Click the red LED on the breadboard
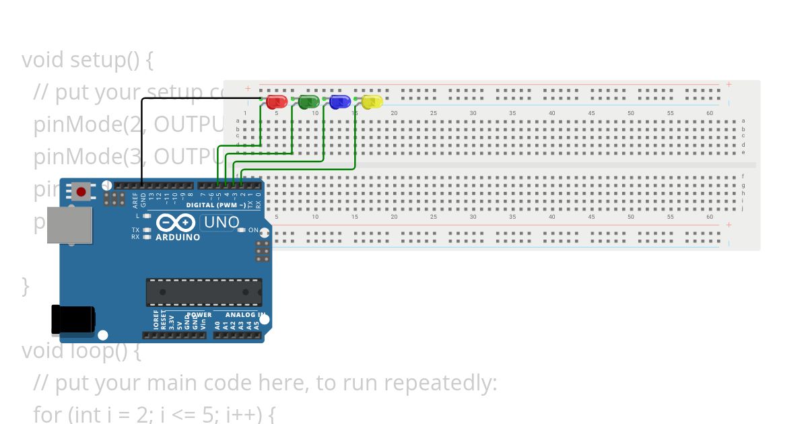(x=277, y=102)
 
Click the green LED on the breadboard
(x=308, y=102)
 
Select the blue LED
(x=340, y=102)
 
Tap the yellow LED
(x=372, y=102)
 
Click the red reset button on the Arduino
(x=81, y=192)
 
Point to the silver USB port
(x=69, y=225)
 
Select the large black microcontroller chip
(x=204, y=292)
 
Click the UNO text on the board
(x=222, y=222)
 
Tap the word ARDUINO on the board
(x=178, y=237)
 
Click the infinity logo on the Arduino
(x=176, y=222)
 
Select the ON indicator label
(x=253, y=230)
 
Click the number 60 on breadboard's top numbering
(x=710, y=113)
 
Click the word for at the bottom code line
(x=48, y=415)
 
